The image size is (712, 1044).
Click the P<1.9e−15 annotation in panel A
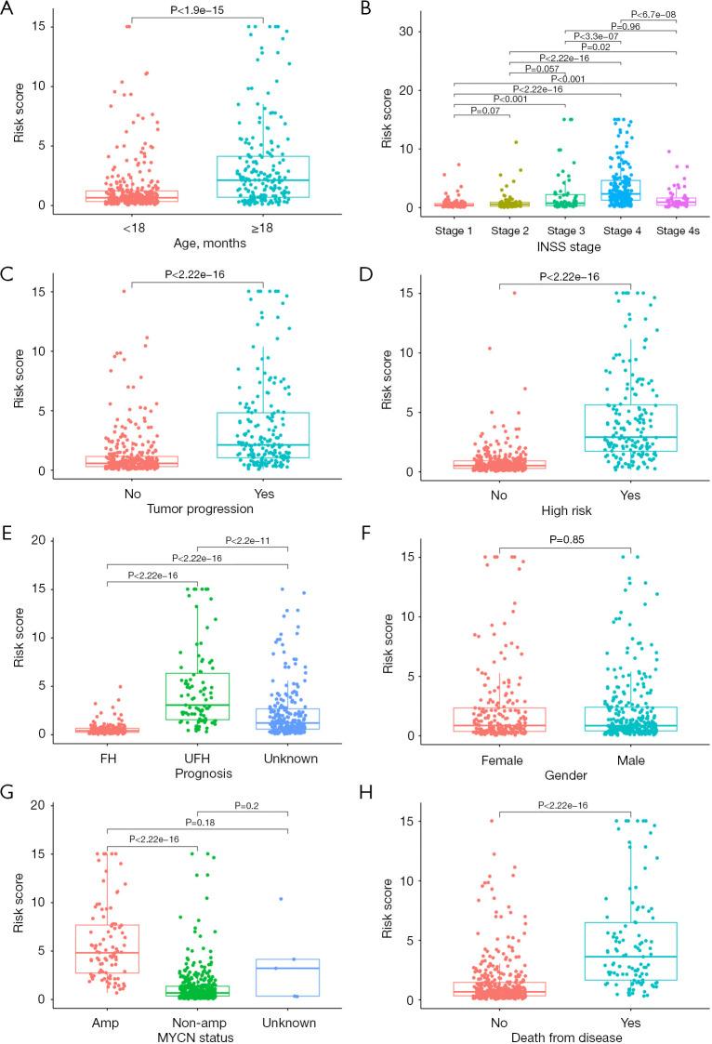(197, 9)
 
